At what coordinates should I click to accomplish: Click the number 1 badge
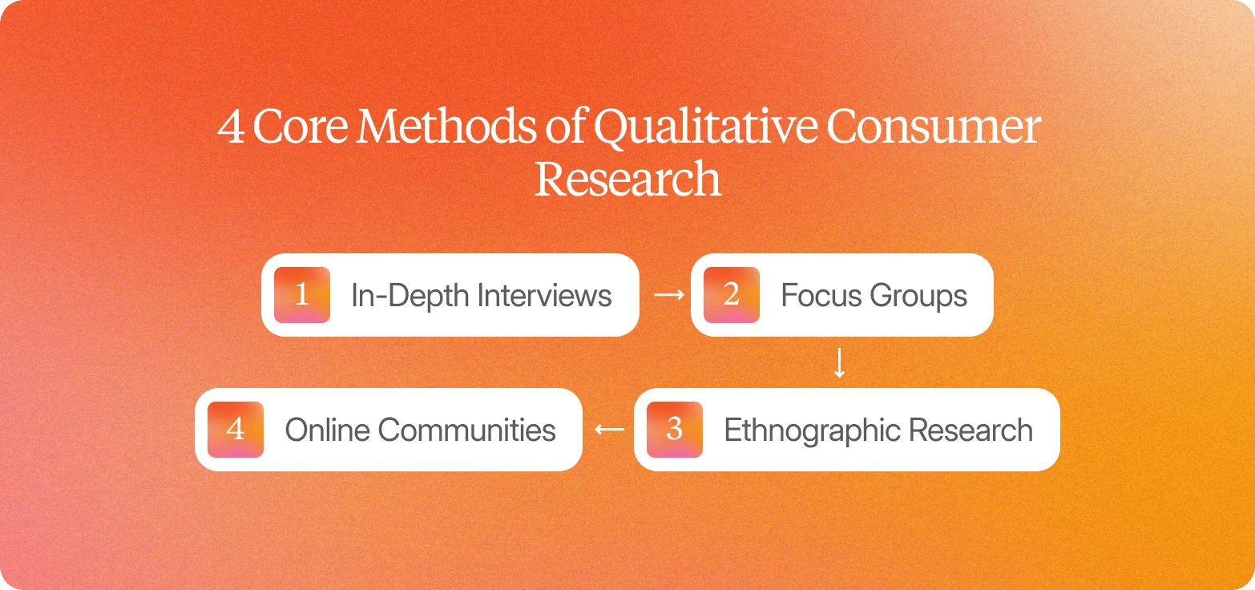pos(302,295)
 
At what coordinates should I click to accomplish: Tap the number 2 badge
pos(731,295)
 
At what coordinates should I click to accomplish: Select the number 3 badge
pos(674,430)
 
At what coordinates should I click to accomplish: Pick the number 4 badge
pos(236,430)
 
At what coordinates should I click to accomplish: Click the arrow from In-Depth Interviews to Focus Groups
pos(669,295)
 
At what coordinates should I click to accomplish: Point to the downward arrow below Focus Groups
pos(839,363)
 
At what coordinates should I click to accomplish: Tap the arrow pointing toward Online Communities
pos(609,430)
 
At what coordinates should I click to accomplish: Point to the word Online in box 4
pos(327,430)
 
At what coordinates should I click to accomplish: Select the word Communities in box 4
pos(466,430)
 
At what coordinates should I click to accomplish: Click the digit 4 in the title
pos(232,128)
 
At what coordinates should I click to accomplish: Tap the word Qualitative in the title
pos(703,128)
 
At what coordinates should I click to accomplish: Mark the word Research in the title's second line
pos(627,179)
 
